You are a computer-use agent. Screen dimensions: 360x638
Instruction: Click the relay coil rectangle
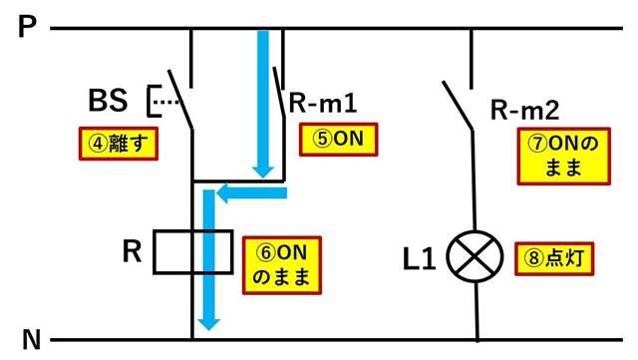point(192,252)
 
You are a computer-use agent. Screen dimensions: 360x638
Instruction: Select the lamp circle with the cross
point(475,259)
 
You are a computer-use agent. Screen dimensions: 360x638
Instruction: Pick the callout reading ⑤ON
point(338,140)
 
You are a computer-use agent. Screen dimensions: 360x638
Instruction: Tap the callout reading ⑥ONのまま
point(281,263)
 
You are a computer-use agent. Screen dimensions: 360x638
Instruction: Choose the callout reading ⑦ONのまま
point(563,156)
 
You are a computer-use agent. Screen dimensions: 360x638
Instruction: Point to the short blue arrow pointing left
point(252,193)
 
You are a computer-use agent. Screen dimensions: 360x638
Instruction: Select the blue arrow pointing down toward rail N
point(208,259)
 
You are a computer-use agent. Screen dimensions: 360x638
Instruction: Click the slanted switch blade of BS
point(179,99)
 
